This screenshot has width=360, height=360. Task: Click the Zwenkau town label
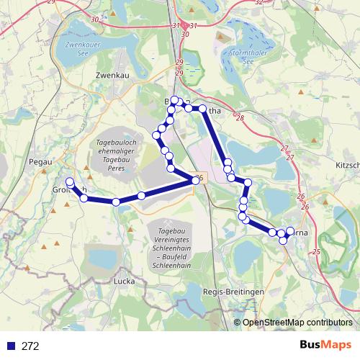(111, 74)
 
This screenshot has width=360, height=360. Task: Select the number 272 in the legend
(30, 346)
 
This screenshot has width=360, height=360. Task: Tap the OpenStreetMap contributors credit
(297, 323)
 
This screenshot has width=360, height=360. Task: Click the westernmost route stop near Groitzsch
(70, 181)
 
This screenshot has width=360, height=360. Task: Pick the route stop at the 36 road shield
(195, 181)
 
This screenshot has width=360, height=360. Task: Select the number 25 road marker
(317, 252)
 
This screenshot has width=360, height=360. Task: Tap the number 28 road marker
(239, 118)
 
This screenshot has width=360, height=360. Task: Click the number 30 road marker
(185, 34)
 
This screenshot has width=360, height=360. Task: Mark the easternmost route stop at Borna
(291, 231)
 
